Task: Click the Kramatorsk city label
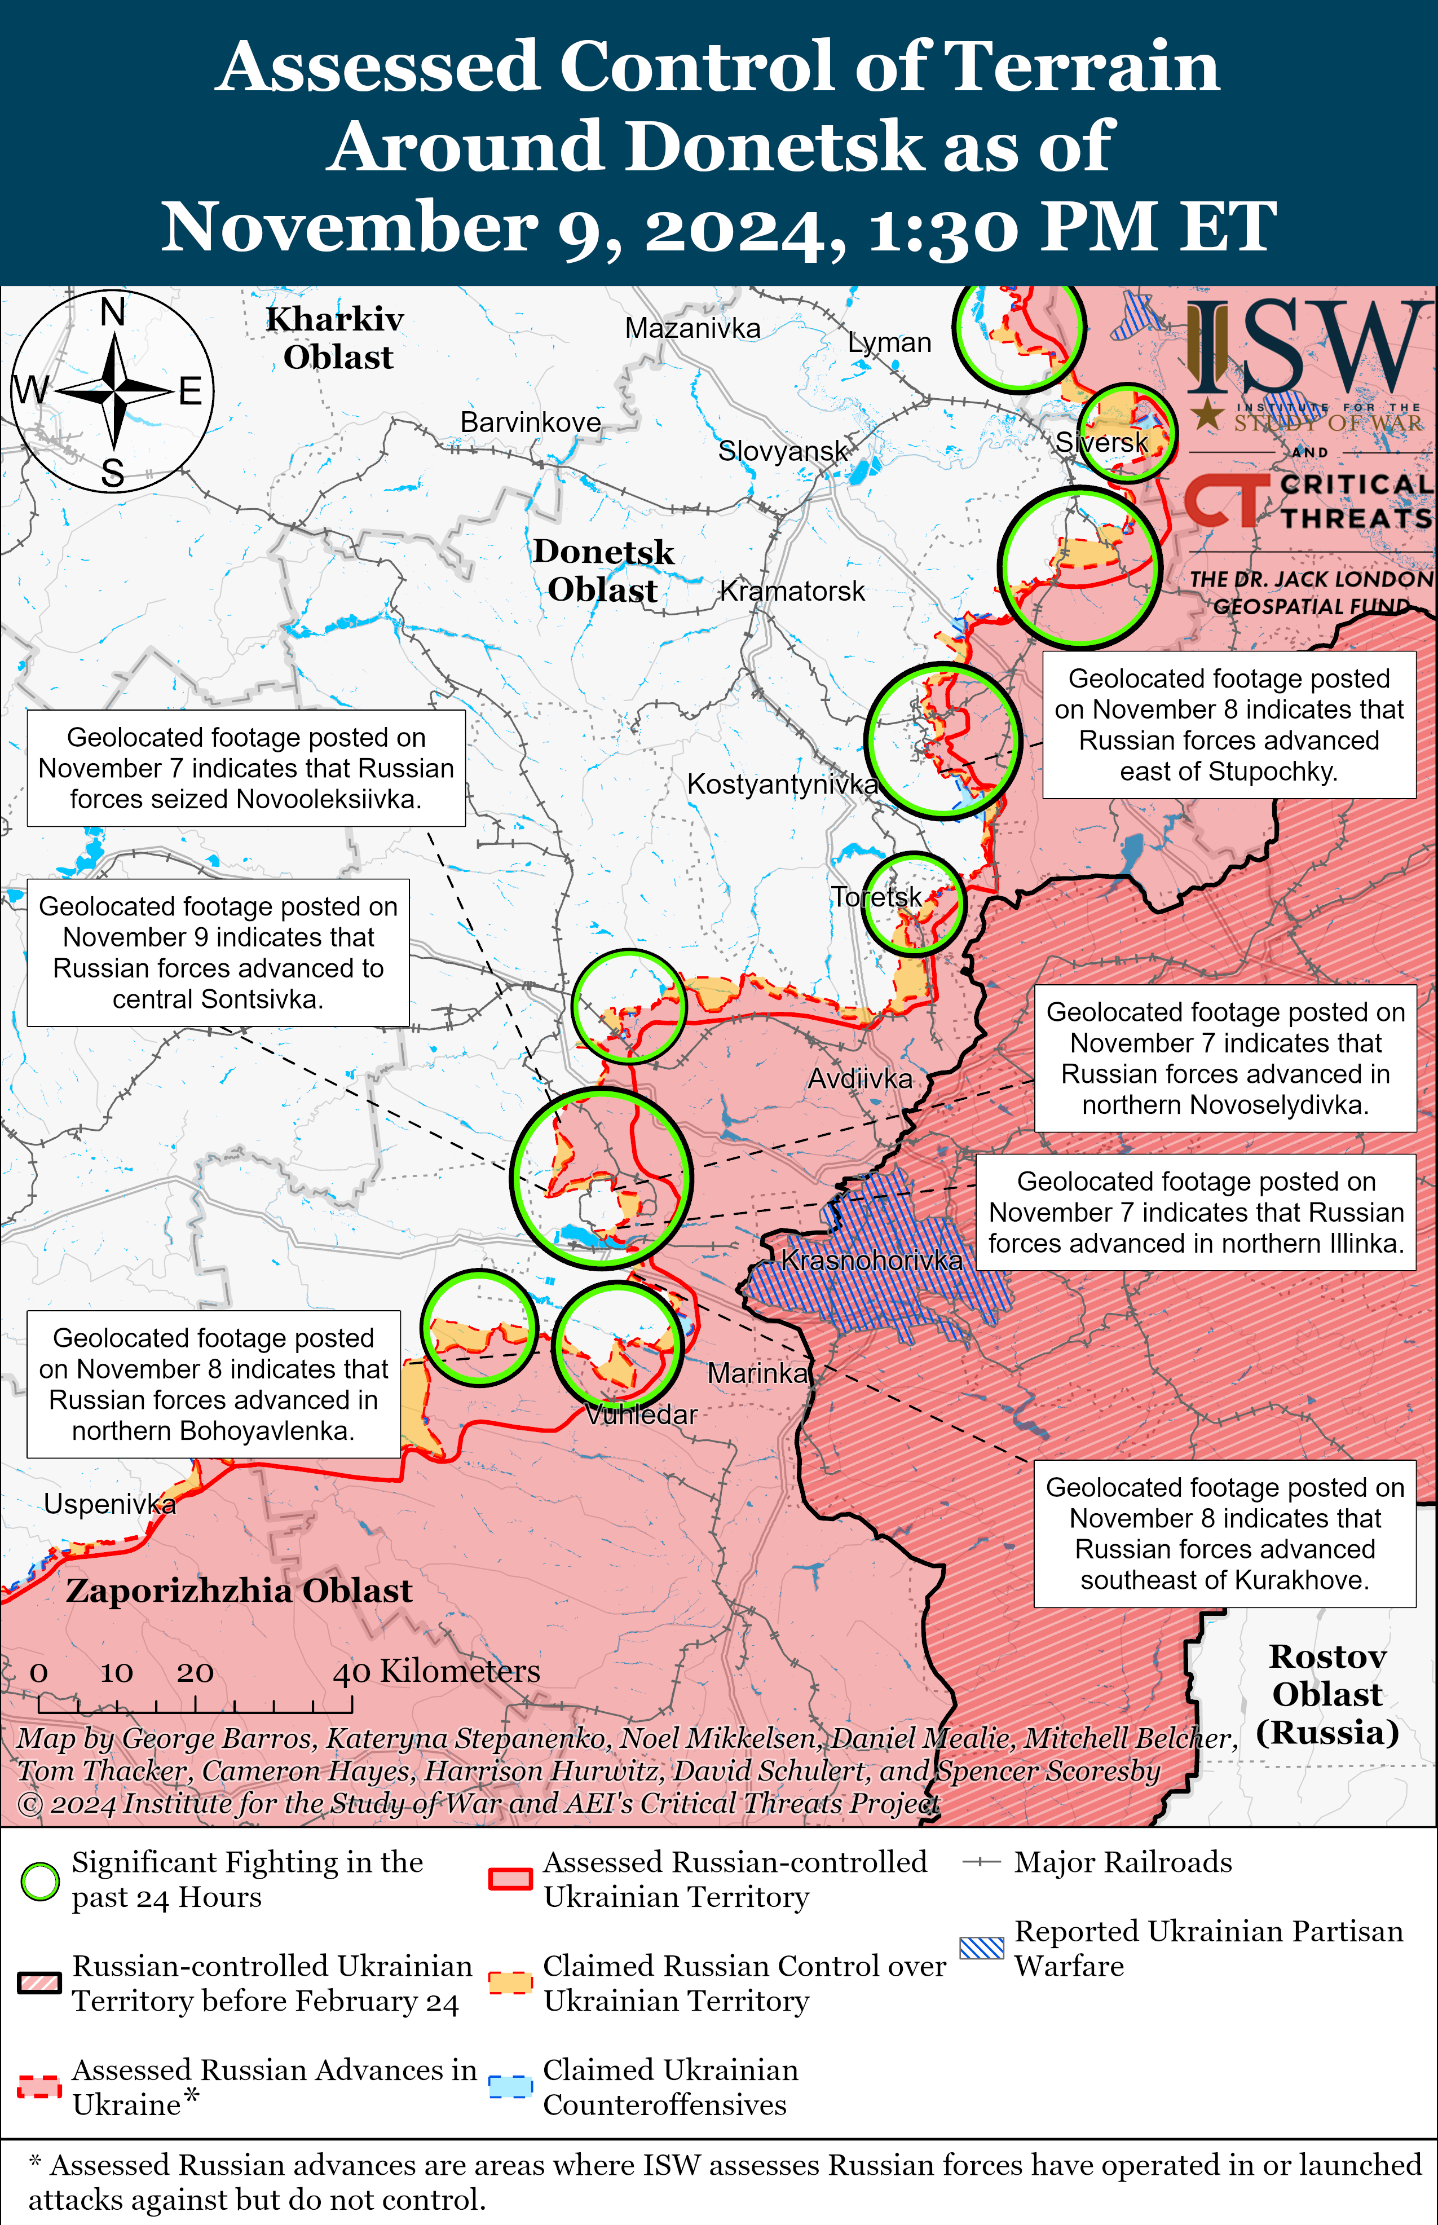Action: (792, 591)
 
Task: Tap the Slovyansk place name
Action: (783, 451)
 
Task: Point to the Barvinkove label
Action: (531, 422)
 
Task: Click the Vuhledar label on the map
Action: (642, 1415)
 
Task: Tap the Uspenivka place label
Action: (109, 1504)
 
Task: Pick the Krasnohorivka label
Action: (871, 1261)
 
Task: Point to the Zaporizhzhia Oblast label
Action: (239, 1591)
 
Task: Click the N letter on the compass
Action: (113, 312)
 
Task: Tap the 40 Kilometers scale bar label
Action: (436, 1671)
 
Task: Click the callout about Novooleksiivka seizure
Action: (245, 768)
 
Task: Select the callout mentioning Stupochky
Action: (1229, 725)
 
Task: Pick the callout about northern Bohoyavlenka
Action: (213, 1384)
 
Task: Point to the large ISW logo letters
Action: (1307, 347)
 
